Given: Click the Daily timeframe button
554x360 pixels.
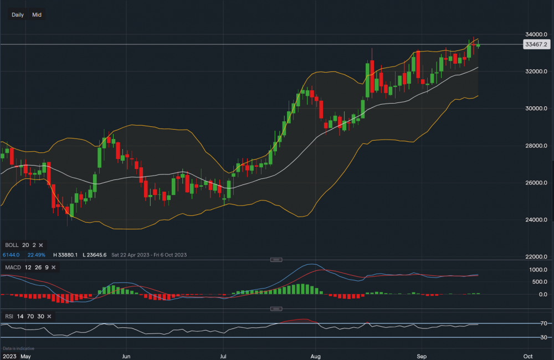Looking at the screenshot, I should (18, 15).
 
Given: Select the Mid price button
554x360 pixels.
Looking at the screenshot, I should (37, 15).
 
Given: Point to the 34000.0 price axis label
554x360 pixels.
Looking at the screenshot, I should (536, 34).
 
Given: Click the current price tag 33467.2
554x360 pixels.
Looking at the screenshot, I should (535, 44).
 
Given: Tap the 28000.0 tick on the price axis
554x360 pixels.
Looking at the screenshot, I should (536, 146).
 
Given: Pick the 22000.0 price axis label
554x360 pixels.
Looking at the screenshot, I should (536, 257).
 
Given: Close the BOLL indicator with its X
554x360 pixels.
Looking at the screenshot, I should (42, 245).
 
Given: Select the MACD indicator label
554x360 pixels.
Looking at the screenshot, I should (13, 268).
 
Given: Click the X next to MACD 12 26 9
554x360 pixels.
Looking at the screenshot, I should (54, 268).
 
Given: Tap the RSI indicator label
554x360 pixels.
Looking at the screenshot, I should (10, 316).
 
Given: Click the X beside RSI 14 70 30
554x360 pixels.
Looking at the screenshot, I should (50, 316).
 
